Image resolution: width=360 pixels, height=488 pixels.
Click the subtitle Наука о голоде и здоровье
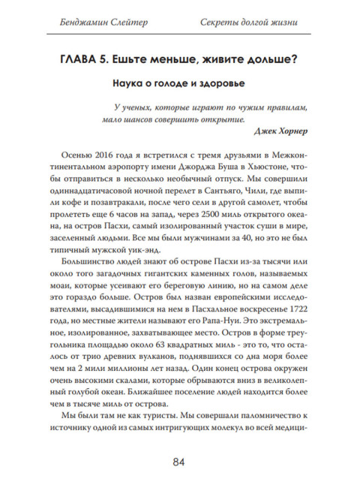(179, 85)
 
